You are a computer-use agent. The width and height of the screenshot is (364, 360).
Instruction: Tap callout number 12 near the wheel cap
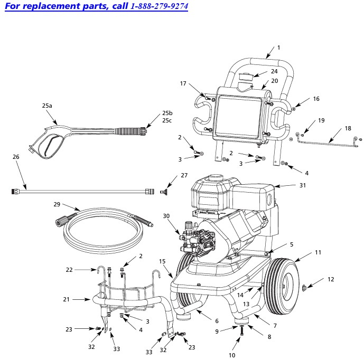coord(331,279)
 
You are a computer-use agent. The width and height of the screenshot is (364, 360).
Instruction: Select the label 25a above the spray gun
coord(47,106)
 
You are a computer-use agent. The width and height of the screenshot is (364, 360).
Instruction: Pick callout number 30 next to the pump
coord(166,216)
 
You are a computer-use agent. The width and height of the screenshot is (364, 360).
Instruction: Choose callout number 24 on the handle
coord(274,71)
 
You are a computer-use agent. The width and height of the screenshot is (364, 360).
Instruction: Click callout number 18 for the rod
coord(347,128)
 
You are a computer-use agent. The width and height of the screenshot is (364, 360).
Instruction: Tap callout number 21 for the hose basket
coord(66,299)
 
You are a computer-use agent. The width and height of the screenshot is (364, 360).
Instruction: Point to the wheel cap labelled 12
coord(305,288)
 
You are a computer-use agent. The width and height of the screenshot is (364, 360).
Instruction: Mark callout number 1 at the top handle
coord(278,48)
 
